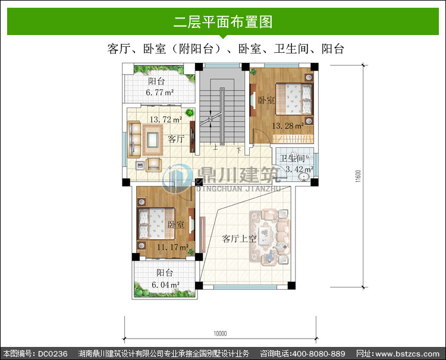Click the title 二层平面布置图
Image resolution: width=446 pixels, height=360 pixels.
223,22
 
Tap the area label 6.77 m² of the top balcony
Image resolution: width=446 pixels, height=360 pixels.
160,92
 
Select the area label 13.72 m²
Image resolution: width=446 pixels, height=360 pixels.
166,119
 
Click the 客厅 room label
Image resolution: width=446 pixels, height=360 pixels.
177,139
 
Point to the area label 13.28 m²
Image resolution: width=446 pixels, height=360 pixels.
288,125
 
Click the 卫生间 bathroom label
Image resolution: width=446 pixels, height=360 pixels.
292,158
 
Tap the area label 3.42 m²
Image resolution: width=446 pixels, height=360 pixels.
299,169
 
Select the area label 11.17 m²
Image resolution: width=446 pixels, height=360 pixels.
172,247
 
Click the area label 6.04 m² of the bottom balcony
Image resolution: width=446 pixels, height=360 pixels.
165,285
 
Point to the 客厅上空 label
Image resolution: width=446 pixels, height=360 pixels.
239,239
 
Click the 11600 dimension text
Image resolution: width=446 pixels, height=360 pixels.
358,176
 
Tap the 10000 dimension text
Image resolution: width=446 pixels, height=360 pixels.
220,333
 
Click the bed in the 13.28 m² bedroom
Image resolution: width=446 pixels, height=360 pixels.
293,99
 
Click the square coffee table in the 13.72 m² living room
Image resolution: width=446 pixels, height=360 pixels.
153,140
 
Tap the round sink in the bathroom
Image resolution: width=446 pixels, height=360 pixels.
304,176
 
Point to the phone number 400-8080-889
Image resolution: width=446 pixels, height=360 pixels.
319,353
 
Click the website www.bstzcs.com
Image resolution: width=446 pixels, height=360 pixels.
407,353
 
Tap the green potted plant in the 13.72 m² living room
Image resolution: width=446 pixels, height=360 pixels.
190,113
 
